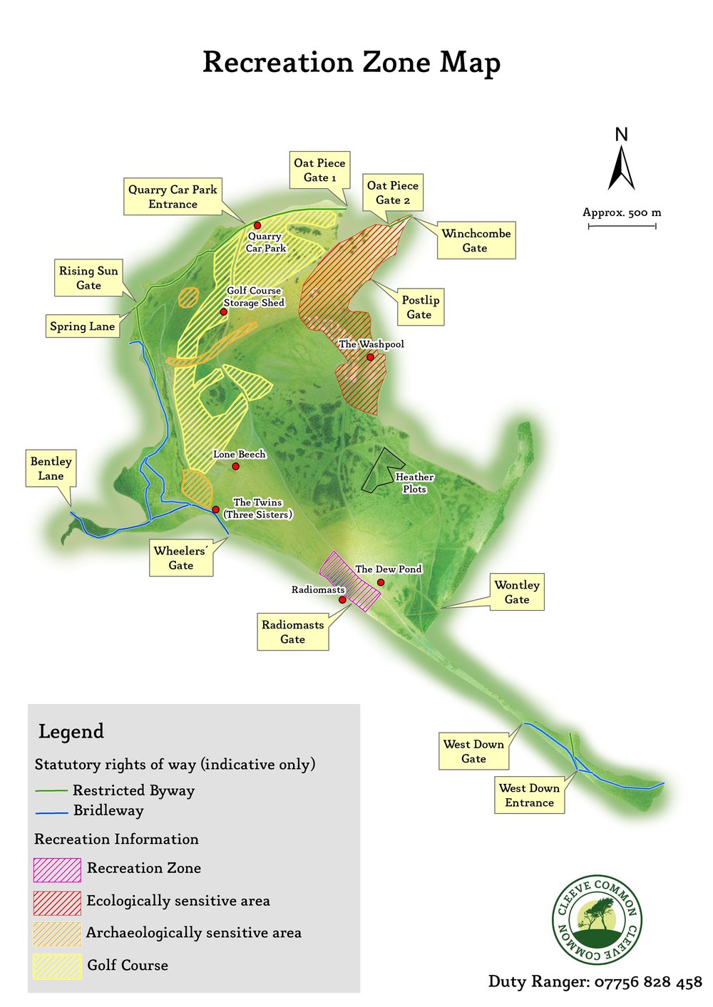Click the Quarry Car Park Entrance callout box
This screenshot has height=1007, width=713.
tap(173, 197)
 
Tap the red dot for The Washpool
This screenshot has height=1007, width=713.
tap(370, 357)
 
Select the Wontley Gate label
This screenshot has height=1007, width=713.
tap(517, 592)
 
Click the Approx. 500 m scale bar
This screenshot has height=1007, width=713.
tap(622, 226)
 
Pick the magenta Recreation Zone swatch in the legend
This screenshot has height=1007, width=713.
tap(57, 869)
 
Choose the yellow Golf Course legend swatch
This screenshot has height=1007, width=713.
tap(57, 966)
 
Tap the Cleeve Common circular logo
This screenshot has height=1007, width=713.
tap(597, 919)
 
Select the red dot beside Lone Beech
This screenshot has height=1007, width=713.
tap(235, 467)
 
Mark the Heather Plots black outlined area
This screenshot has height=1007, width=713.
tap(378, 471)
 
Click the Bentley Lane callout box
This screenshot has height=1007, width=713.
tap(51, 468)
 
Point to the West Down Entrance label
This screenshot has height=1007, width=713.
tap(529, 795)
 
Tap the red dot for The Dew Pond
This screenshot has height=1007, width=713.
tap(381, 582)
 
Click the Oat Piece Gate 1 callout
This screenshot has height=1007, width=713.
tap(319, 170)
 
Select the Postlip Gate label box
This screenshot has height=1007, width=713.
tap(419, 307)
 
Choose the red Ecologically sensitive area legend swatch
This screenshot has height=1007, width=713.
tap(57, 902)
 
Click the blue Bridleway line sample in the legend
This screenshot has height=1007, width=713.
tap(52, 812)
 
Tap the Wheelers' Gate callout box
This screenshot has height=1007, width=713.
tap(181, 558)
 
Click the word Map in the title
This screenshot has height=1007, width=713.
tap(470, 63)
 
